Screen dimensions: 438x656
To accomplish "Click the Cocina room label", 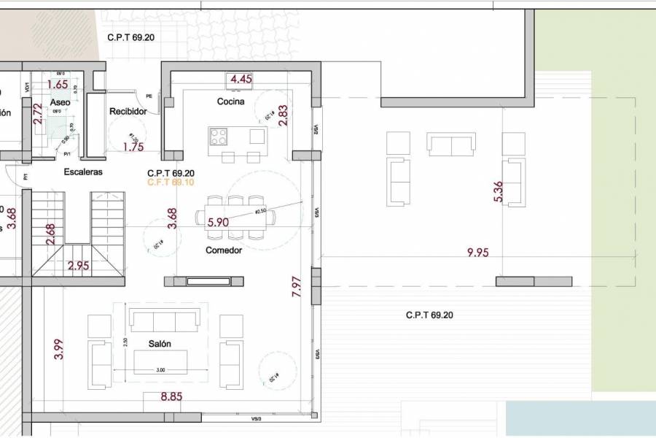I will pos(230,101).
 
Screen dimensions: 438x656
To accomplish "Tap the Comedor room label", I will pos(224,250).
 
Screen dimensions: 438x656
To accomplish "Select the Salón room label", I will pos(160,344).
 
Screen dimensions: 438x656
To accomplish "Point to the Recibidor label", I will pos(128,112).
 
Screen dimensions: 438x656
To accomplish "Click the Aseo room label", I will pos(60,103).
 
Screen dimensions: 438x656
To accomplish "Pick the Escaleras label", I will pos(83,172).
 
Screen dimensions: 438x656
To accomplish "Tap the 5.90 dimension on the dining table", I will pos(219,222).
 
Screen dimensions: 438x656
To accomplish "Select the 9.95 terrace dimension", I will pos(479,253).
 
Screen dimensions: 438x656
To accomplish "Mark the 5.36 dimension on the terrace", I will pos(499,191).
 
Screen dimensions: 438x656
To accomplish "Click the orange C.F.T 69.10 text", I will pos(171,182).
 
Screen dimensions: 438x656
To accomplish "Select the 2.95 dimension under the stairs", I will pos(78,266).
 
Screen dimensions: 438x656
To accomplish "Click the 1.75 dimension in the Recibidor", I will pos(133,147).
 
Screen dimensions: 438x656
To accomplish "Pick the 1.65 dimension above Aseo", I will pos(58,84).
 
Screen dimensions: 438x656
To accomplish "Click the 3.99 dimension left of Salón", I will pos(59,349).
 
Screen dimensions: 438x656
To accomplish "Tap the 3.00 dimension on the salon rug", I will pos(160,370).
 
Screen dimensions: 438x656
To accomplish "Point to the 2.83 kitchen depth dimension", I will pos(284,116).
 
